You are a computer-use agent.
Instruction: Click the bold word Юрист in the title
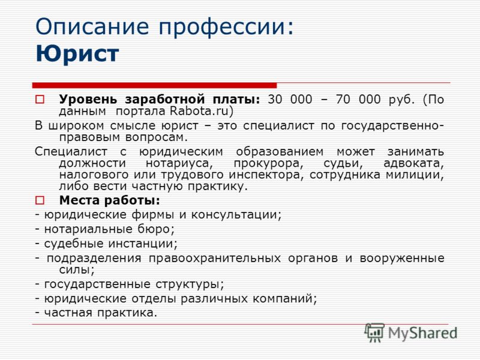coord(77,54)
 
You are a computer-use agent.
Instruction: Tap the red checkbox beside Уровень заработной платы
coord(40,100)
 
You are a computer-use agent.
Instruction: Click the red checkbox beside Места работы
coord(40,200)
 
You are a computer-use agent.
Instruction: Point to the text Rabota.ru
coord(199,111)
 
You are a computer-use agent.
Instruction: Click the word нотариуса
coord(179,163)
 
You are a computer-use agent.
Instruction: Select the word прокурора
coord(268,163)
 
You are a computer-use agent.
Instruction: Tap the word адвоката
coord(413,163)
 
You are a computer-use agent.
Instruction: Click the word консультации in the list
coord(236,215)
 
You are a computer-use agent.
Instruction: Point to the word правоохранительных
coord(215,259)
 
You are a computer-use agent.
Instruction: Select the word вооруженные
coord(402,259)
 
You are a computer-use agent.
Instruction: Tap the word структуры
coord(190,284)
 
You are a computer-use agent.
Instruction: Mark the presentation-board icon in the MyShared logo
coord(374,332)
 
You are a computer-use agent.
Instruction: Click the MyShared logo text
coord(422,334)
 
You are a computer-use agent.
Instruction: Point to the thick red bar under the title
coord(154,85)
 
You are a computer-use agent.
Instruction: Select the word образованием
coord(280,152)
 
